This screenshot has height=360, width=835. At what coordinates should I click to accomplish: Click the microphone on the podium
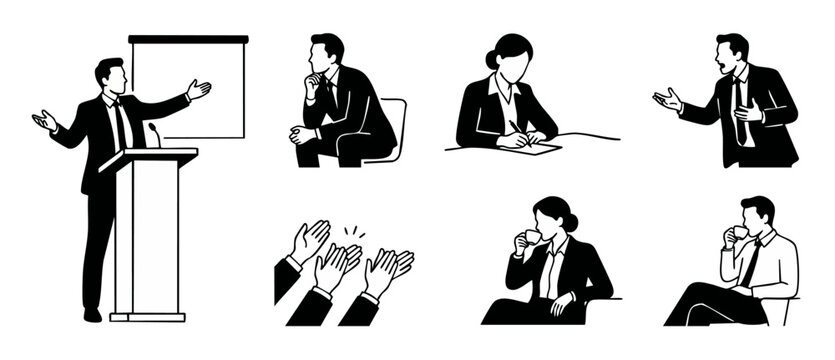[153, 134]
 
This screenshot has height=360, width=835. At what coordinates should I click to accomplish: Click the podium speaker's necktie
[120, 124]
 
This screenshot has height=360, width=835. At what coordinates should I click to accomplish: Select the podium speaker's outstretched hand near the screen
[199, 89]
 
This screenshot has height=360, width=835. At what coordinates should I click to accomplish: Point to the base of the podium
[147, 316]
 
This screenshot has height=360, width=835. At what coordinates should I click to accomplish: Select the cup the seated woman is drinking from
[532, 237]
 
